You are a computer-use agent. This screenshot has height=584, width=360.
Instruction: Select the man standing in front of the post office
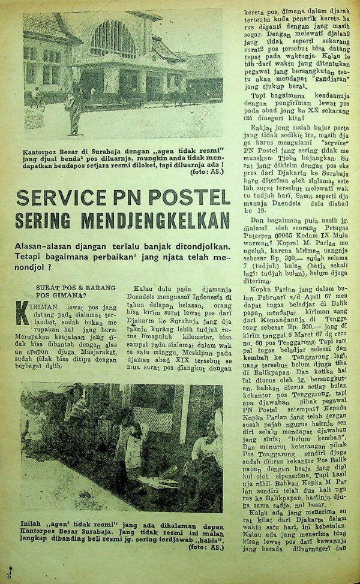74,108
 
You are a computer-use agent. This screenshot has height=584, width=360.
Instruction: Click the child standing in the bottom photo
127,444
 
